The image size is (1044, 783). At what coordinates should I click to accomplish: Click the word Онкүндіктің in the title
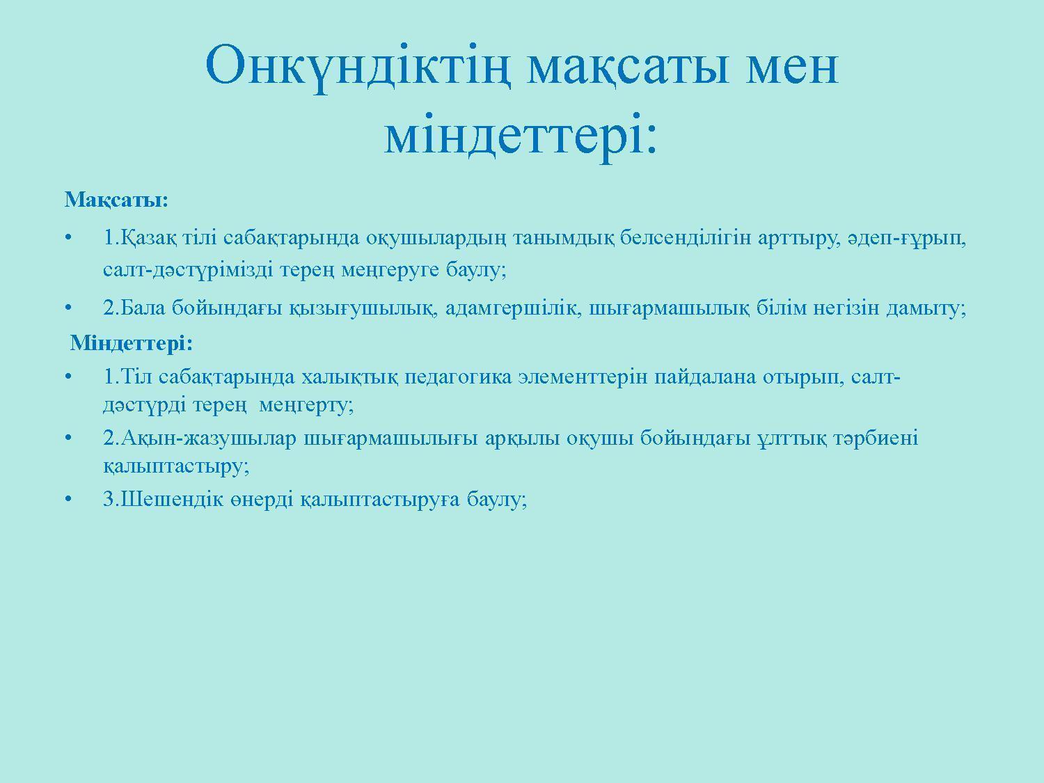click(358, 67)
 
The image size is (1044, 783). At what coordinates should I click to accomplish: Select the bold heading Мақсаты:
click(116, 200)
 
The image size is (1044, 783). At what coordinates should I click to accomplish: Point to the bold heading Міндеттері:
click(132, 342)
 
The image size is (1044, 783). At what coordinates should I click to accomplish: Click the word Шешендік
click(172, 499)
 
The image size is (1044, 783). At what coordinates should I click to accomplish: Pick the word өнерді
click(262, 499)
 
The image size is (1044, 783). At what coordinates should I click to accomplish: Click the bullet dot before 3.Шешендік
click(68, 499)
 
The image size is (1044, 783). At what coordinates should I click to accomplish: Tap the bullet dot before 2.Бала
click(68, 308)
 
